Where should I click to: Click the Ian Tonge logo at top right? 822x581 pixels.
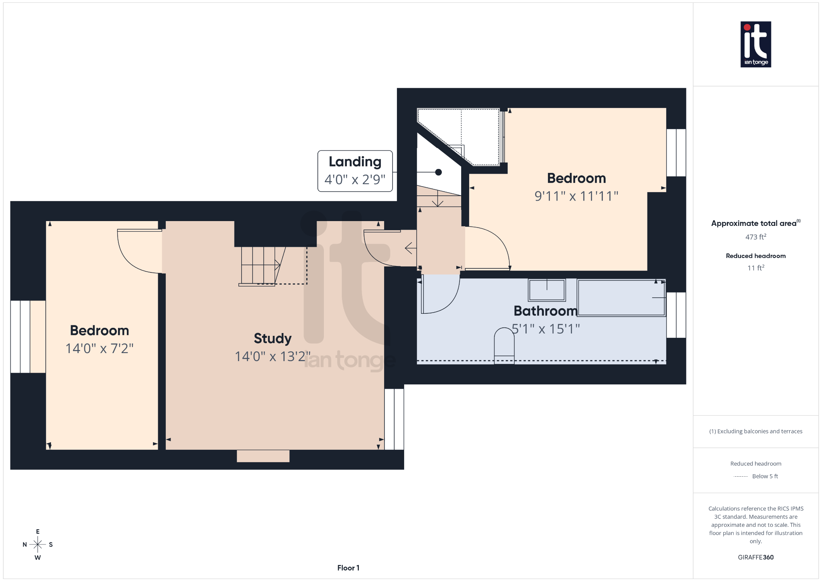(755, 44)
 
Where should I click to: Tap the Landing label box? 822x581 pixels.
(355, 171)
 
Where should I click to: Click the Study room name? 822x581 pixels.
(273, 338)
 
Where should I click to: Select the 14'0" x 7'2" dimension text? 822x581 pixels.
(99, 348)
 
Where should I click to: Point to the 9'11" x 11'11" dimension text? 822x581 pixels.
(576, 196)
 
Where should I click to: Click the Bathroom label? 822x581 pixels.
(545, 311)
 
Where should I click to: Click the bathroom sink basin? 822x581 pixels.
(547, 290)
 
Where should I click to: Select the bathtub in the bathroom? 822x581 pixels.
(621, 298)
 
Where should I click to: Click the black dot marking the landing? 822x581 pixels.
(438, 172)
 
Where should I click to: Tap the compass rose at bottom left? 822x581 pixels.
(38, 544)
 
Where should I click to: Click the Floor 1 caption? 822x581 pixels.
(348, 568)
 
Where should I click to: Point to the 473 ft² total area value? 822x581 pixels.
(755, 237)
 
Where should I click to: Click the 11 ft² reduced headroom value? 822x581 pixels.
(755, 268)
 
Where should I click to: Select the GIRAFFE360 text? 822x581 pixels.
(755, 557)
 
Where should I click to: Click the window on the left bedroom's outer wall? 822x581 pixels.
(20, 336)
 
